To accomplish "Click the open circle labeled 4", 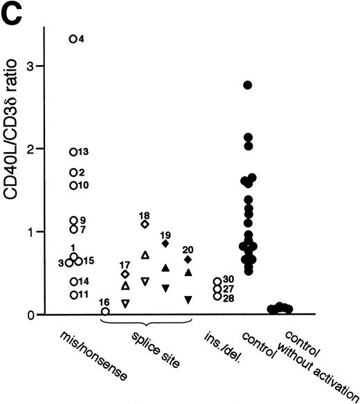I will click(x=73, y=39).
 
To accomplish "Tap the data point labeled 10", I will click(x=73, y=185).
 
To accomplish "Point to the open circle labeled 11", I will click(x=73, y=295).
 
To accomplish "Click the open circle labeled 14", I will click(x=73, y=281).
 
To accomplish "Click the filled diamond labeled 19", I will click(x=165, y=244).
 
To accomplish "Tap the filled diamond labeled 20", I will click(x=188, y=259).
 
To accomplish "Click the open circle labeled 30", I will click(x=217, y=281).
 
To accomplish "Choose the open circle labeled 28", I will click(x=217, y=297).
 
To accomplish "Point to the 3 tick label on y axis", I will click(x=31, y=66).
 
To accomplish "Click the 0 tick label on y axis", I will click(x=31, y=315).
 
